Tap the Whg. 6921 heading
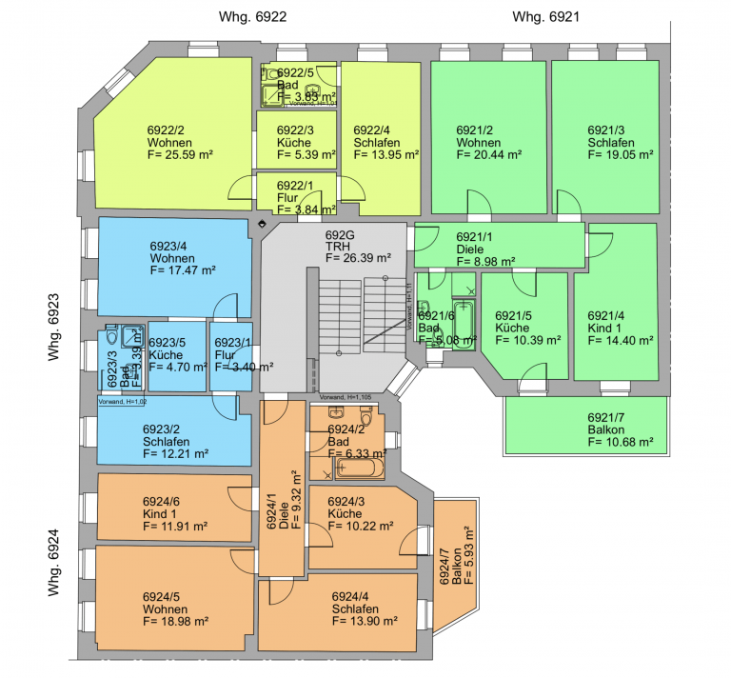tap(546, 17)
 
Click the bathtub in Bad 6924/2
tap(357, 469)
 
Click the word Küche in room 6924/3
tap(344, 513)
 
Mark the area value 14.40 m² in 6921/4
tap(620, 340)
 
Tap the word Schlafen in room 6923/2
tap(167, 442)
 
